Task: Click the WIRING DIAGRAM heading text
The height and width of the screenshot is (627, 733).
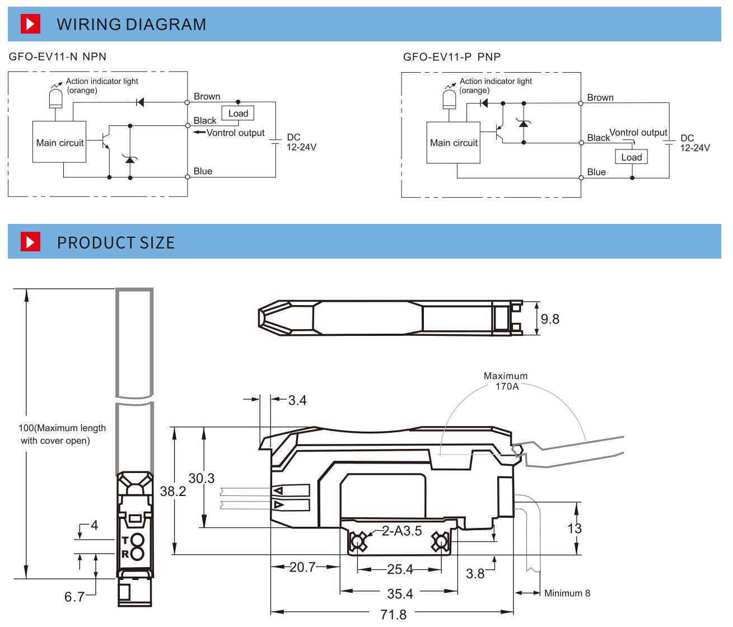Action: click(131, 25)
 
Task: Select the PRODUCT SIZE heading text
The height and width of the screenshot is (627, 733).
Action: click(116, 242)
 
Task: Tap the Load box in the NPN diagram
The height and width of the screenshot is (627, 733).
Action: click(238, 113)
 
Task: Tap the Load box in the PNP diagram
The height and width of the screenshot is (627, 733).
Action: click(631, 157)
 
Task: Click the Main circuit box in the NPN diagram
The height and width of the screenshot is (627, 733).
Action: click(59, 143)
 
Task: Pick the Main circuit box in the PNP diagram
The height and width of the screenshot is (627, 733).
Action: click(453, 143)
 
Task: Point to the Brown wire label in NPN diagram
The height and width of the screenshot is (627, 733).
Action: click(207, 96)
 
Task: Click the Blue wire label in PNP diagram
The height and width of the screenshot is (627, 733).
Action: click(596, 172)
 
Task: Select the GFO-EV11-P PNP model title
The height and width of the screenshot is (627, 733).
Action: click(451, 57)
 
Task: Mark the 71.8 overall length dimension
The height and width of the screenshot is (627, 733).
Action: click(393, 615)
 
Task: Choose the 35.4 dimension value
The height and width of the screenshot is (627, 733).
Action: click(400, 593)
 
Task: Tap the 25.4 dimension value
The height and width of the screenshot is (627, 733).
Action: click(400, 570)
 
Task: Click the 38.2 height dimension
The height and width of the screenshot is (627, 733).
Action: click(173, 491)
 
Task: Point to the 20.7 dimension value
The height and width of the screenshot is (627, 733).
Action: click(302, 567)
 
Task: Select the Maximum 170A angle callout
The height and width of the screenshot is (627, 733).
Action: click(506, 381)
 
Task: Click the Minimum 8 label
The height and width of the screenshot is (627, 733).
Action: click(567, 593)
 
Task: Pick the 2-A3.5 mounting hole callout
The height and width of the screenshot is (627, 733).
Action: click(401, 531)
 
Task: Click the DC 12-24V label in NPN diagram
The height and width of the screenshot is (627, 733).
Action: click(301, 142)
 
